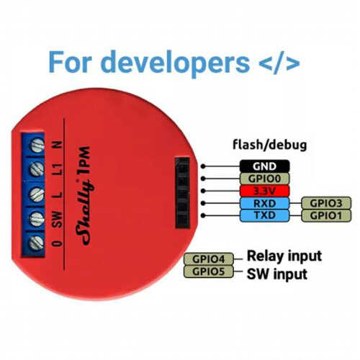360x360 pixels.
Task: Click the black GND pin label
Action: [264, 166]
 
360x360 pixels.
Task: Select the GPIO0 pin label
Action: [264, 179]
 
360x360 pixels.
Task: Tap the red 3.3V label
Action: [264, 191]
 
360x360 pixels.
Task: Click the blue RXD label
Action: [264, 204]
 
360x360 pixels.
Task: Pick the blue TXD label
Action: [264, 215]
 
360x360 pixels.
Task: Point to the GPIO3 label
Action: [326, 203]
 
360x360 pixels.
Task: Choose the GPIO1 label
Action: [326, 215]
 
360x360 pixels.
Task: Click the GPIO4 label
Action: [208, 259]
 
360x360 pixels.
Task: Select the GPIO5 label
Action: [208, 271]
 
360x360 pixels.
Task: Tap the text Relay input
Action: [284, 256]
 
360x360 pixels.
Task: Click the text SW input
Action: [277, 274]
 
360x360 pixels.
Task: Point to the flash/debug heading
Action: [270, 145]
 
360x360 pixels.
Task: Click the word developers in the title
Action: [176, 63]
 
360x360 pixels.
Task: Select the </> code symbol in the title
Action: [279, 63]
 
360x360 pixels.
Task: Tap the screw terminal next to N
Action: [37, 145]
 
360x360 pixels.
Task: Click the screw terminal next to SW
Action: [37, 219]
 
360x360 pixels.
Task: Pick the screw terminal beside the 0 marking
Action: [37, 243]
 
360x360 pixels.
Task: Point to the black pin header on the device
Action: [182, 192]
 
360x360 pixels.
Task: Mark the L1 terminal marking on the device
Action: [58, 169]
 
